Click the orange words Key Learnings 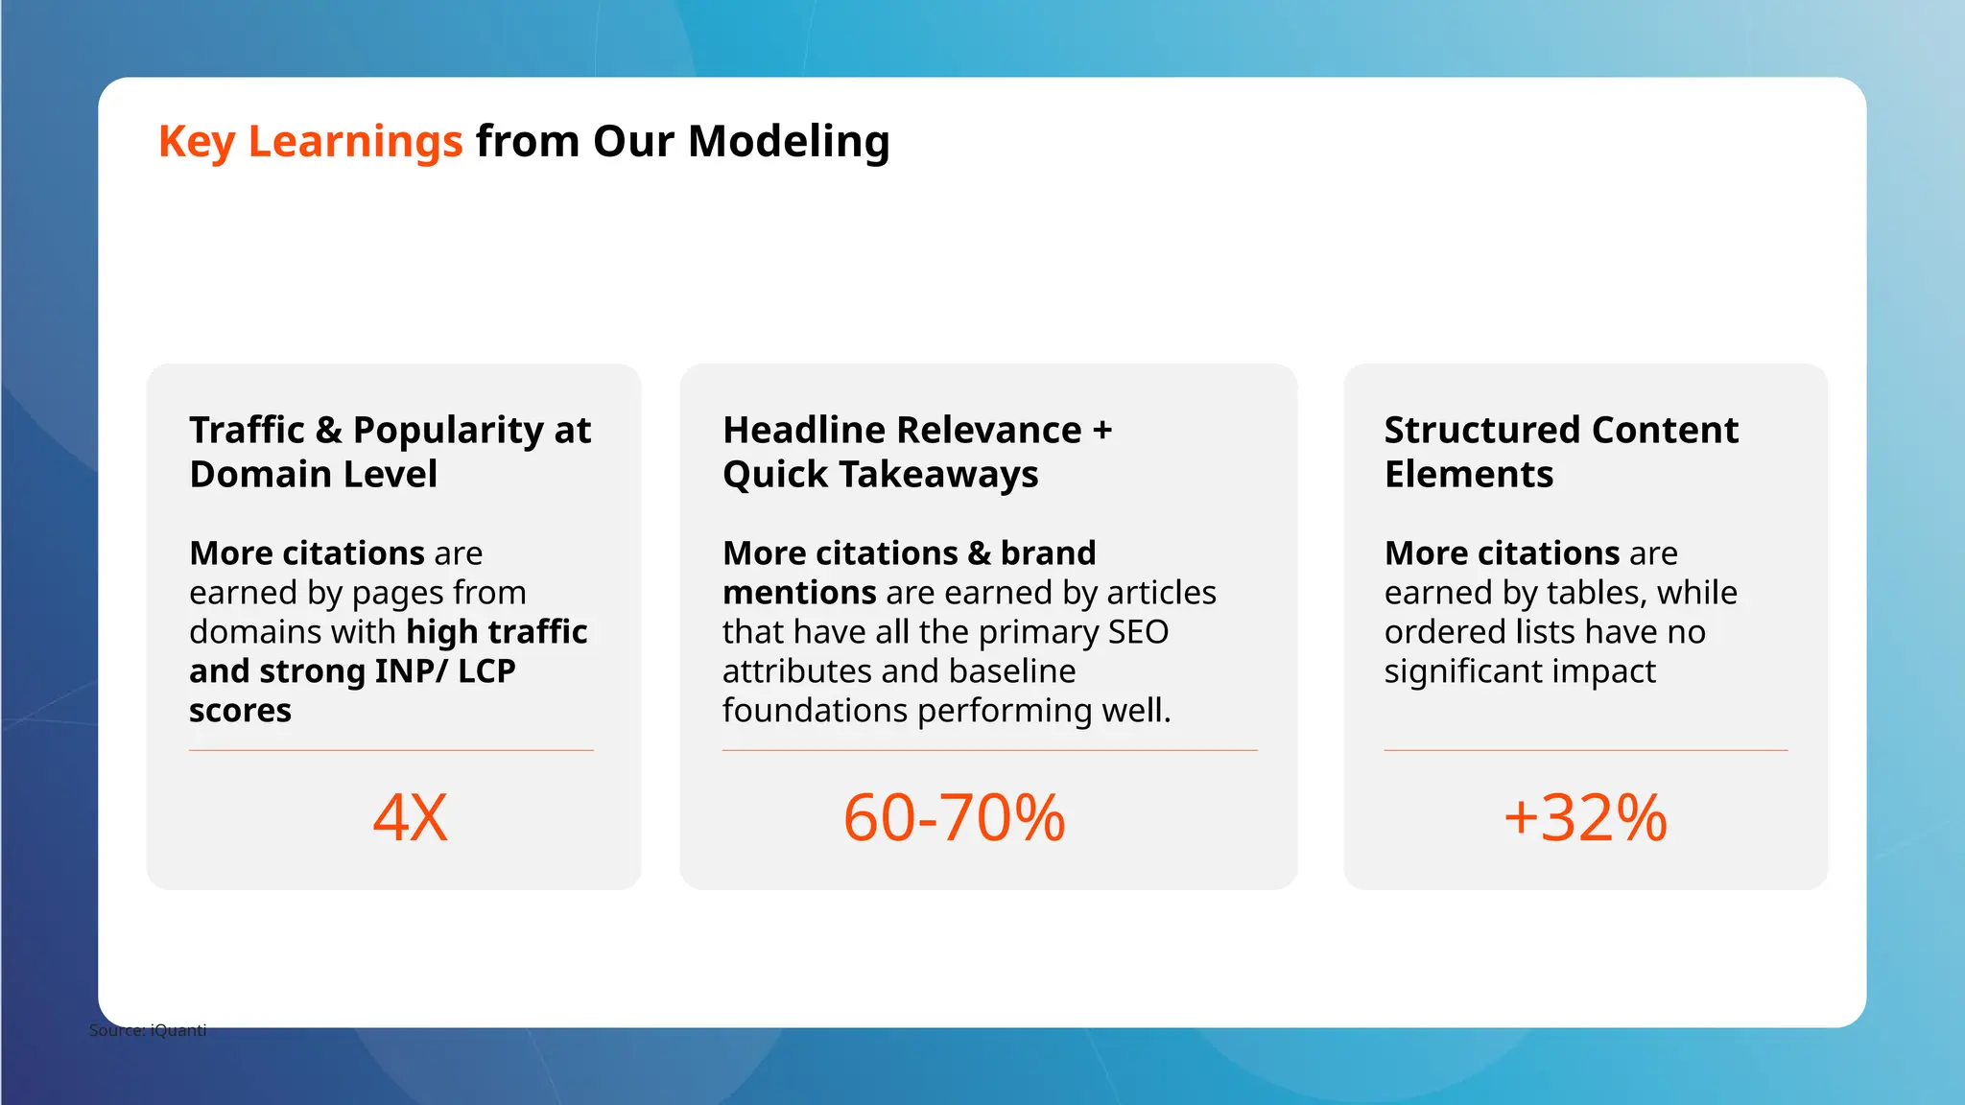(310, 142)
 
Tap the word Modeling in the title (789, 142)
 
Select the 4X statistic (410, 818)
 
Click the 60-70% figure (954, 818)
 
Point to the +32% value (1585, 818)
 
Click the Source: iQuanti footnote (148, 1030)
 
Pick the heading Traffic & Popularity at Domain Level (390, 452)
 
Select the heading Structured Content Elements (1560, 452)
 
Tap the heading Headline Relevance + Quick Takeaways (916, 452)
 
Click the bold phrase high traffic (497, 632)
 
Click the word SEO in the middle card (1138, 632)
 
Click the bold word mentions (799, 593)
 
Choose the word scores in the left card (240, 711)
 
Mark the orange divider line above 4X (391, 750)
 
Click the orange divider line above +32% (1585, 750)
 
